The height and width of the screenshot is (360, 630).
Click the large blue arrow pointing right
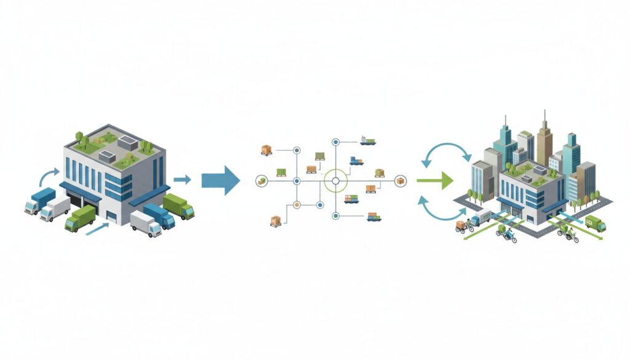click(226, 180)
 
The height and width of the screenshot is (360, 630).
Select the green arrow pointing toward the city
click(436, 181)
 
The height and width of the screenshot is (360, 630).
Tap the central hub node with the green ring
click(336, 181)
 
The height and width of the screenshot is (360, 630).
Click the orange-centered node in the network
click(297, 204)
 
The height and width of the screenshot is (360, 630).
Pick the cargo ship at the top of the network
click(368, 142)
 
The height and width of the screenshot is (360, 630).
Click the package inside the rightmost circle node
click(401, 181)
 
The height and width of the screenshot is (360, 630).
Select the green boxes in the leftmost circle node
click(261, 181)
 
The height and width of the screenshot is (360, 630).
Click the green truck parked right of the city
click(595, 223)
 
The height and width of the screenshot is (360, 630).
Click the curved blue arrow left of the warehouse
click(45, 177)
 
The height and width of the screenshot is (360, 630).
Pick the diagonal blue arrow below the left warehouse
click(97, 230)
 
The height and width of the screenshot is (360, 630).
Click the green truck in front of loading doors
click(80, 218)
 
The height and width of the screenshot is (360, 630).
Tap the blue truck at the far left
click(39, 201)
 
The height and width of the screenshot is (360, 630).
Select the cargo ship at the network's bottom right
click(373, 216)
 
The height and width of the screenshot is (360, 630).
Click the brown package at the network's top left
click(266, 150)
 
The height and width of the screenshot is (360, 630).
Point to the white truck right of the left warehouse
click(146, 223)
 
